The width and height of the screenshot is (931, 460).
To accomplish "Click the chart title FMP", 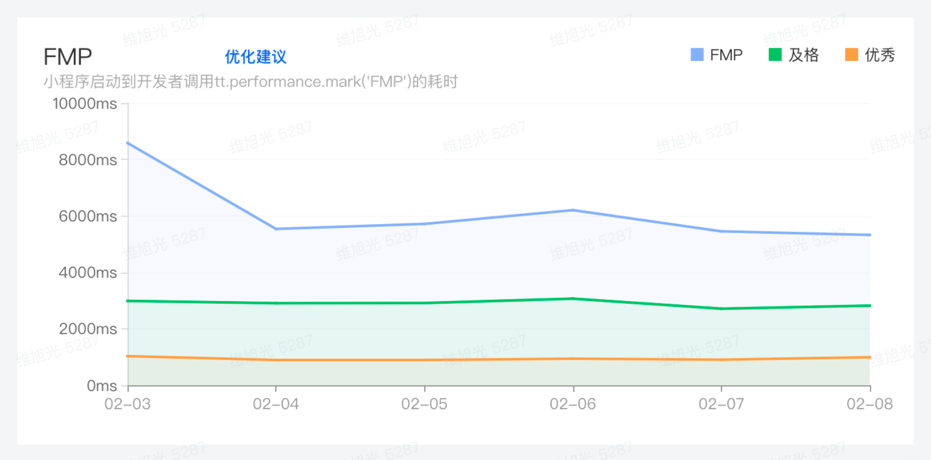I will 68,57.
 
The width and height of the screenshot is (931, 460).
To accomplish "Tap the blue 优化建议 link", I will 255,57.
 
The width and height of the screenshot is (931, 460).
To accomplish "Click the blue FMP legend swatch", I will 697,55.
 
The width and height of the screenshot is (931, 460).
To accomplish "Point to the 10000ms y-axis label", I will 85,104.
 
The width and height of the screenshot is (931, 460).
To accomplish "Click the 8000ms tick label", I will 88,160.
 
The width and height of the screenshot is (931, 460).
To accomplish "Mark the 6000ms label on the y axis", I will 88,216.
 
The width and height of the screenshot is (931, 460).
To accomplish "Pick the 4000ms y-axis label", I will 88,272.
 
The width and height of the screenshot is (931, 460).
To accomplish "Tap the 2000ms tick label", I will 88,329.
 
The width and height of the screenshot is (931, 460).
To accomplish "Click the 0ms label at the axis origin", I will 102,386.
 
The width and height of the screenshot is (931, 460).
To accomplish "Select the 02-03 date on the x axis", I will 127,404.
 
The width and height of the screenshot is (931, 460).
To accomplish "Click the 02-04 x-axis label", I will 276,404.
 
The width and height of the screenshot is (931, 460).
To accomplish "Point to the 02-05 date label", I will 424,404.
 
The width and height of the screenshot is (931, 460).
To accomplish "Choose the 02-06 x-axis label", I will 573,404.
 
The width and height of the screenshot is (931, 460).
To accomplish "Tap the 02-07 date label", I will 721,404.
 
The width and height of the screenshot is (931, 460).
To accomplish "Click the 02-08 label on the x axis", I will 870,404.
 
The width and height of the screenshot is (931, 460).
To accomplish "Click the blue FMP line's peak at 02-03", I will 128,143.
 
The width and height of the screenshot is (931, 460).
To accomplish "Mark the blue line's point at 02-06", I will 573,210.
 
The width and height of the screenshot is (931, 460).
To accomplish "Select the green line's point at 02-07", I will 722,309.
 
